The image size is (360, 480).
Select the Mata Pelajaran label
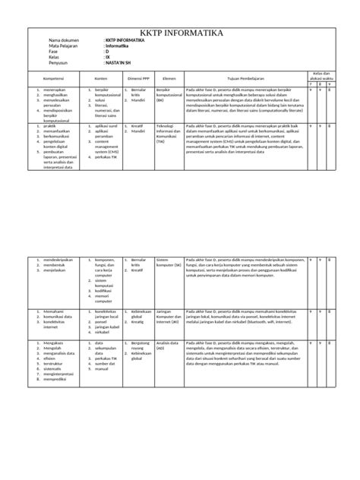[65, 46]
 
